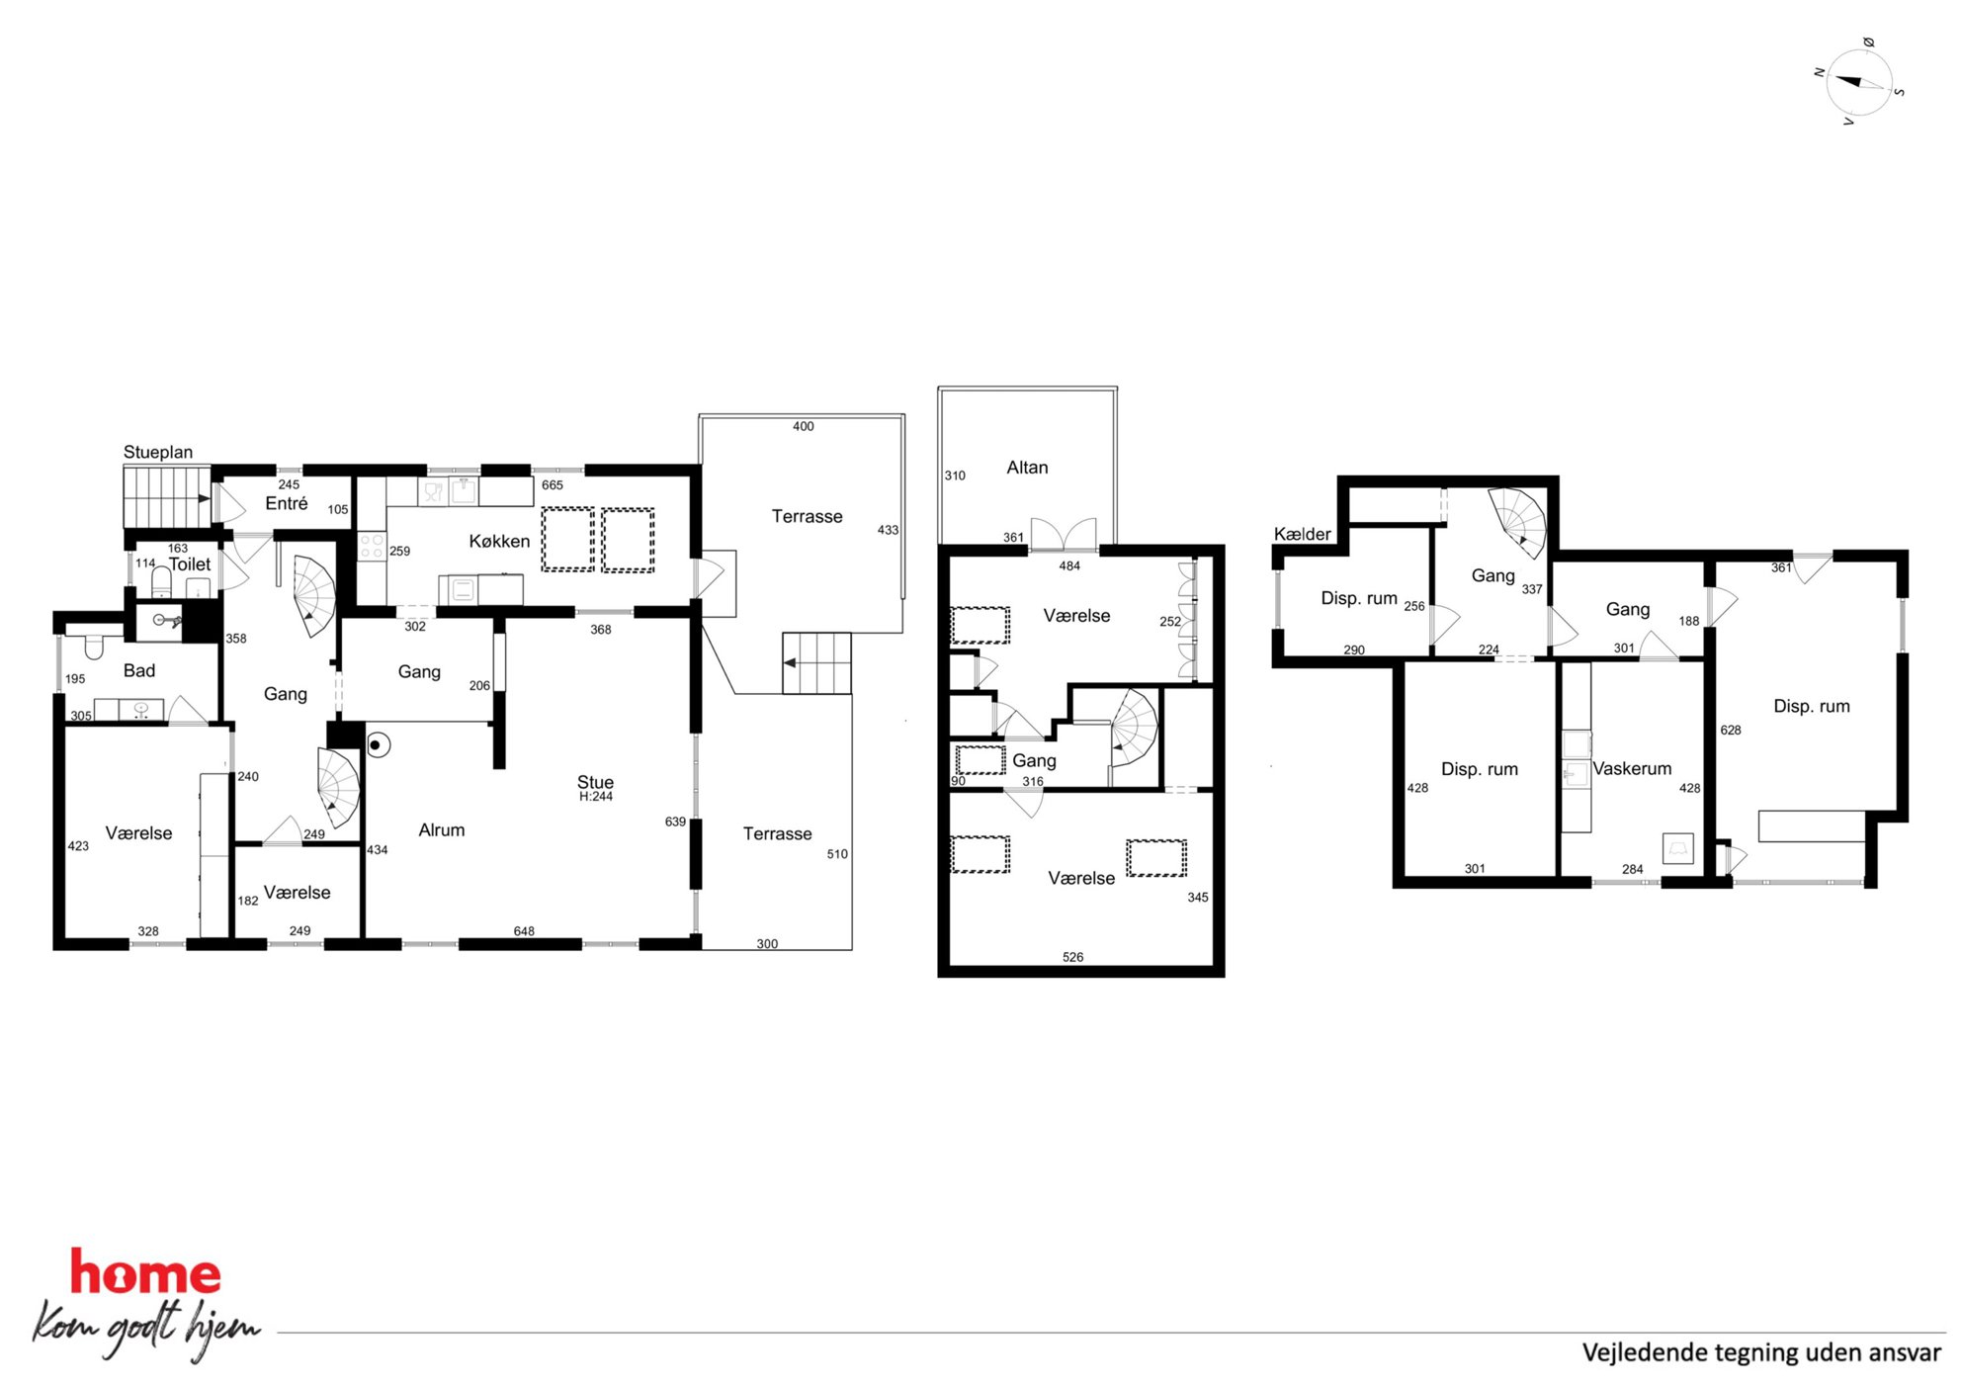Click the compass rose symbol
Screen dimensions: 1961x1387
(1859, 82)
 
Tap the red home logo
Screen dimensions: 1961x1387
(145, 1274)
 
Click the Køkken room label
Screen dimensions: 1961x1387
(499, 541)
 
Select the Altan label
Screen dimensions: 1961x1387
(1027, 468)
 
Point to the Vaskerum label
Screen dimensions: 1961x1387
(1632, 768)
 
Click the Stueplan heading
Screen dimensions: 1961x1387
(158, 452)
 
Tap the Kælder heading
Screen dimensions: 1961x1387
(1302, 534)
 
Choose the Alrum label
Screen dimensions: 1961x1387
(441, 830)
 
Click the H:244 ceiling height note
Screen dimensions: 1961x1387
(596, 797)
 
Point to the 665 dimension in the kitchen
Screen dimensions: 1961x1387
(553, 485)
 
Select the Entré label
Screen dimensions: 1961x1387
(287, 504)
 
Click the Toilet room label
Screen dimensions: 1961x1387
(190, 564)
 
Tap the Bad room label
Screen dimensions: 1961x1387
(139, 670)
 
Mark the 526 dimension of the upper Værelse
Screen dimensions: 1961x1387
(1072, 957)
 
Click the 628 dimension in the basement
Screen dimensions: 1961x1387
(1731, 731)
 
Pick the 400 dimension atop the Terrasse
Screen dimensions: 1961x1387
(804, 427)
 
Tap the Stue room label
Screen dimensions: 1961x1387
(595, 782)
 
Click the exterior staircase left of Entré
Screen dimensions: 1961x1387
(167, 497)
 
